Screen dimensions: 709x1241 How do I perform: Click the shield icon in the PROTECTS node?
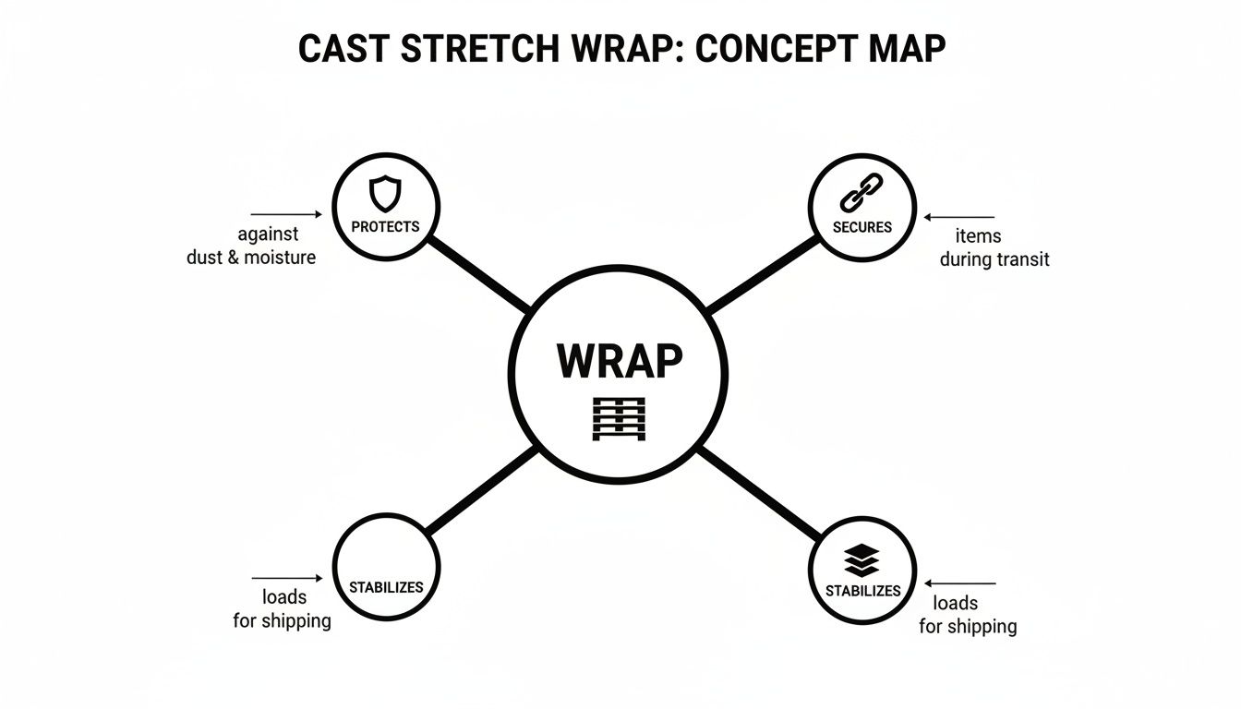pos(385,195)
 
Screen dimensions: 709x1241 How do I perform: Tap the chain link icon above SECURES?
pos(861,193)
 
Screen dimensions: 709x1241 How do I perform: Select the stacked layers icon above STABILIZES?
pos(861,560)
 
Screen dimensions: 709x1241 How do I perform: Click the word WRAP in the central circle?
pos(620,360)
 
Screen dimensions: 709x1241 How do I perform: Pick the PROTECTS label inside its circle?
pos(385,226)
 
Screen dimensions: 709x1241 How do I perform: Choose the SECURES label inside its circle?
pos(861,227)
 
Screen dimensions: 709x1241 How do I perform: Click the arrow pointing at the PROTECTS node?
pos(286,214)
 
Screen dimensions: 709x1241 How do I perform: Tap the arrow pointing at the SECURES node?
pos(960,218)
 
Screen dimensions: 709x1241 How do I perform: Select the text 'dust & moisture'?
pos(251,258)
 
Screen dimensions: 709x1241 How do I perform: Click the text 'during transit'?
pos(994,259)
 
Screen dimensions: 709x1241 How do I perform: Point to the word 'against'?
pos(268,234)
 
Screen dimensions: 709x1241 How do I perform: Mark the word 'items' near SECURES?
pos(979,236)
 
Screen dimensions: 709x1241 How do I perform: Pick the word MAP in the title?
pos(908,49)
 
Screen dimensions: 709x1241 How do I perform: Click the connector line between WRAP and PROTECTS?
pos(477,272)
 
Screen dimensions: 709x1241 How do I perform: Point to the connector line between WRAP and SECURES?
pos(763,274)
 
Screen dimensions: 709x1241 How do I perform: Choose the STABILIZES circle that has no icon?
pos(386,568)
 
